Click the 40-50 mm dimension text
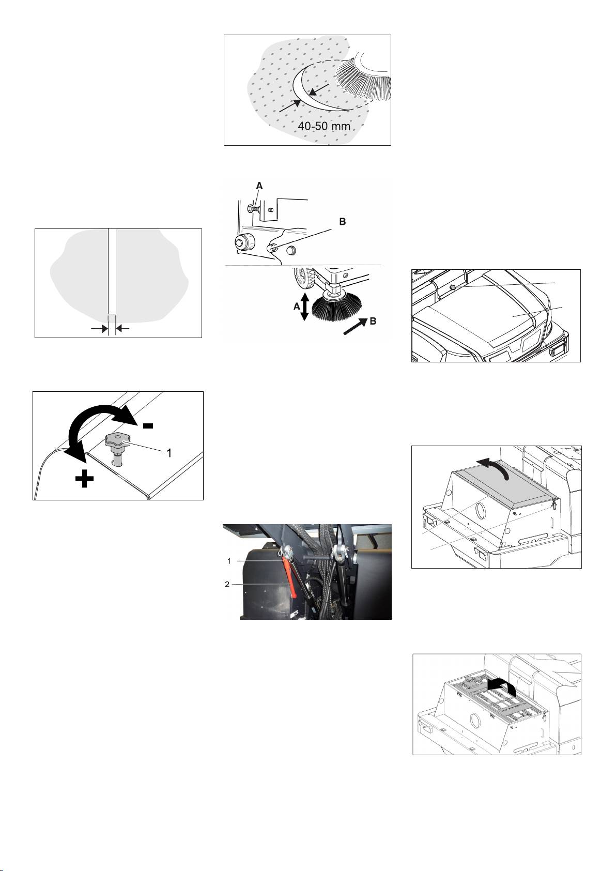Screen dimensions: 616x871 (324, 126)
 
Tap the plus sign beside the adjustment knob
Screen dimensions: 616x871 (84, 478)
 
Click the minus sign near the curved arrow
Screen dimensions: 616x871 (148, 425)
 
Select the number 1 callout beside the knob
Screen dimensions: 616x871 (169, 452)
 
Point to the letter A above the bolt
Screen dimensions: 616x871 (259, 186)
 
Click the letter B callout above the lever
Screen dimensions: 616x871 (343, 221)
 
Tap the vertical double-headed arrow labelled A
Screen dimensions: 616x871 (305, 307)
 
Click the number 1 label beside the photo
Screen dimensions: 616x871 (229, 561)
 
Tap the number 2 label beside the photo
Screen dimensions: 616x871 (227, 585)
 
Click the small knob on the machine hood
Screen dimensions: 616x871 (452, 287)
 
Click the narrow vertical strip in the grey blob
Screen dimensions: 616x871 (112, 271)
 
